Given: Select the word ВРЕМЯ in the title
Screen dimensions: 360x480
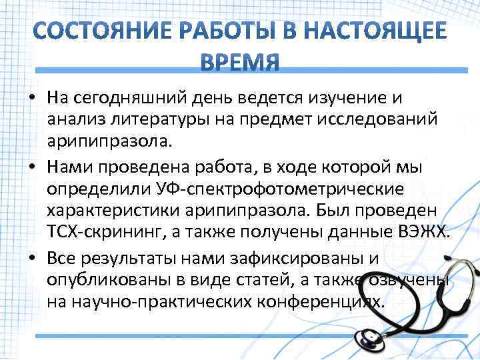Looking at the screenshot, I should pos(240,62).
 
